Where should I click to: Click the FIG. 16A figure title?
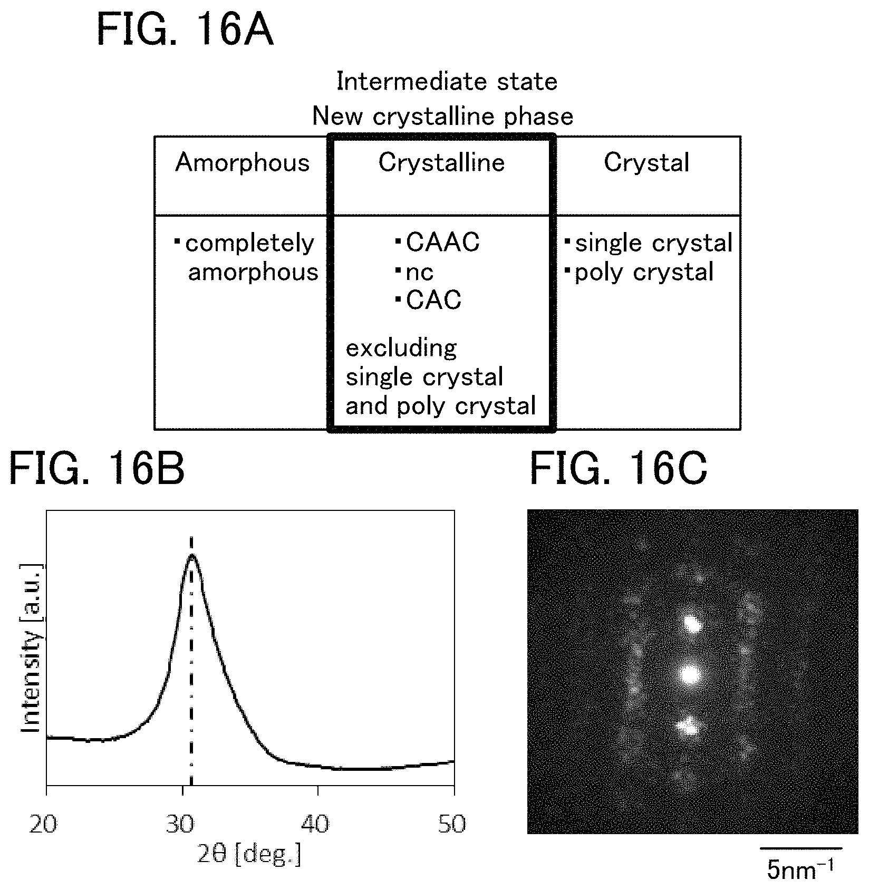[185, 31]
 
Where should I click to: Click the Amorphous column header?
[243, 163]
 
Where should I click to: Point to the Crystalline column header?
[441, 163]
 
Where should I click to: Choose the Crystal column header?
[646, 163]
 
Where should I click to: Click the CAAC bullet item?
[438, 243]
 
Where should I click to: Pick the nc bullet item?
[414, 273]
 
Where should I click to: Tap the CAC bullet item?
[428, 300]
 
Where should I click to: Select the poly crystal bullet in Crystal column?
[639, 273]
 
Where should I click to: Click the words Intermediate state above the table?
[447, 82]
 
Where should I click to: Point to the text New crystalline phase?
[443, 117]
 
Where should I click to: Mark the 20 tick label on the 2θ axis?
[43, 824]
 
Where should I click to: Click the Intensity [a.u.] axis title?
[32, 648]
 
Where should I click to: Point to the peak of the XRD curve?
[191, 555]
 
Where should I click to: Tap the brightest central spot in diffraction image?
[689, 673]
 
